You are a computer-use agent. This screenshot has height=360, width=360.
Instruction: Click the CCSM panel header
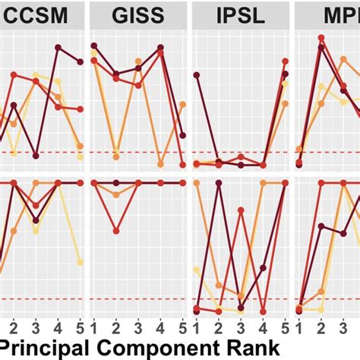pyautogui.click(x=38, y=13)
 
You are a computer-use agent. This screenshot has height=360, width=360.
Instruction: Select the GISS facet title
pyautogui.click(x=137, y=13)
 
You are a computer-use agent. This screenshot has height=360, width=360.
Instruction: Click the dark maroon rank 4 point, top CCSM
pyautogui.click(x=58, y=48)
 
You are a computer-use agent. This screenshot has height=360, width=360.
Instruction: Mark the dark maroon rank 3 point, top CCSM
pyautogui.click(x=36, y=156)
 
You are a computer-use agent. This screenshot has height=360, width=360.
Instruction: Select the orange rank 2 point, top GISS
pyautogui.click(x=116, y=156)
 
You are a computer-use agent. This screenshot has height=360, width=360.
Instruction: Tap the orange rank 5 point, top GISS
pyautogui.click(x=183, y=104)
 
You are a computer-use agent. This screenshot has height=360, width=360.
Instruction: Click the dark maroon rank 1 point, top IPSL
pyautogui.click(x=197, y=74)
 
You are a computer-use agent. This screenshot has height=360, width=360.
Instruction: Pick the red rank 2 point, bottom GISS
pyautogui.click(x=116, y=231)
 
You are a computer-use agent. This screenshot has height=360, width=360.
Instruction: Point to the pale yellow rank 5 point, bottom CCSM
pyautogui.click(x=81, y=262)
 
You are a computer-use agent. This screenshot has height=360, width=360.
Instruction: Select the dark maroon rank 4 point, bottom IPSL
pyautogui.click(x=263, y=309)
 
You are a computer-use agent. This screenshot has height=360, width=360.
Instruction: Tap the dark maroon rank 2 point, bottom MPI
pyautogui.click(x=321, y=226)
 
